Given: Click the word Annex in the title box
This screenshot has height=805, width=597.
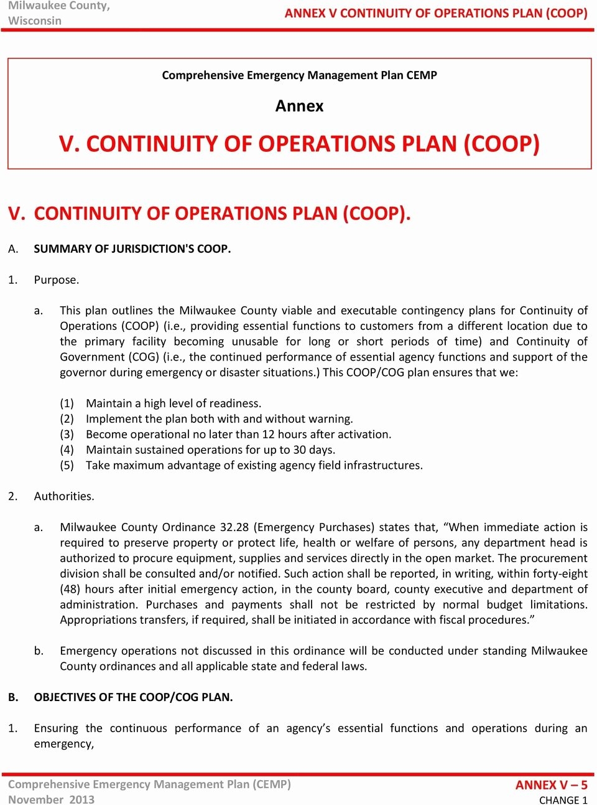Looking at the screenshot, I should [x=299, y=106].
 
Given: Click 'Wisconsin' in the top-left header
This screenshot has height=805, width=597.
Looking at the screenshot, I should [x=35, y=21].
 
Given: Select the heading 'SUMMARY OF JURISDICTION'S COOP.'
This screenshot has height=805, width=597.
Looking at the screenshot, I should [x=132, y=249].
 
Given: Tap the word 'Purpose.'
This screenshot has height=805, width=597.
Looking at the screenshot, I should [x=57, y=280].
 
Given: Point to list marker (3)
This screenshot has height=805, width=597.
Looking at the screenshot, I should [x=67, y=435].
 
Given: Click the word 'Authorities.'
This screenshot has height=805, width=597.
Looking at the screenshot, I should [x=64, y=496].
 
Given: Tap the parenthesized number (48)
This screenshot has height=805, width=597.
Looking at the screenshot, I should [x=70, y=589].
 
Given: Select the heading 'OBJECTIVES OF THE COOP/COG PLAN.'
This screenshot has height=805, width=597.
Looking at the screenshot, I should [x=133, y=697].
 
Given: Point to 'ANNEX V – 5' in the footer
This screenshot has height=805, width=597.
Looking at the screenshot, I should [x=551, y=785].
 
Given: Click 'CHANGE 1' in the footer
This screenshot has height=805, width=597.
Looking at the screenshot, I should [x=563, y=800].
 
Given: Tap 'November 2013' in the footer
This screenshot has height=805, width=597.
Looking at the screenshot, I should [x=51, y=800].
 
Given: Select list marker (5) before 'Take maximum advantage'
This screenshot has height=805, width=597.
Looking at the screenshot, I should [x=67, y=466].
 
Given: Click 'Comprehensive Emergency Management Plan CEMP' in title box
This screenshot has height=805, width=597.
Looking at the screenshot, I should [x=299, y=75].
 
